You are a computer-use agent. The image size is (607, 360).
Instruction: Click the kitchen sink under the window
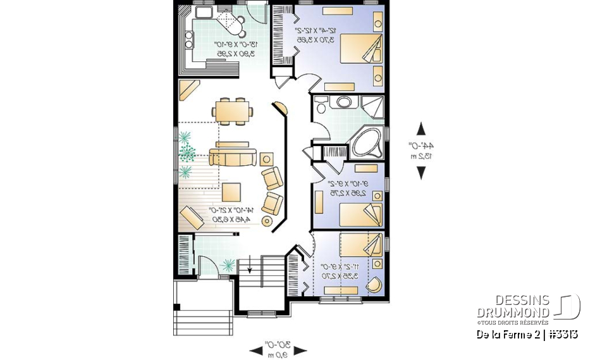(204, 12)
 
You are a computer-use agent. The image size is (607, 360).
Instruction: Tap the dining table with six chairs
(232, 111)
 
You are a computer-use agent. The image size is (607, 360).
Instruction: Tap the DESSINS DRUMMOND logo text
(513, 306)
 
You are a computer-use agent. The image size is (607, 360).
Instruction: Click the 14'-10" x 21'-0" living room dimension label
(230, 214)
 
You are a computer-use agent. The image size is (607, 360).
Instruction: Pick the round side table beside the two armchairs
(267, 221)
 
